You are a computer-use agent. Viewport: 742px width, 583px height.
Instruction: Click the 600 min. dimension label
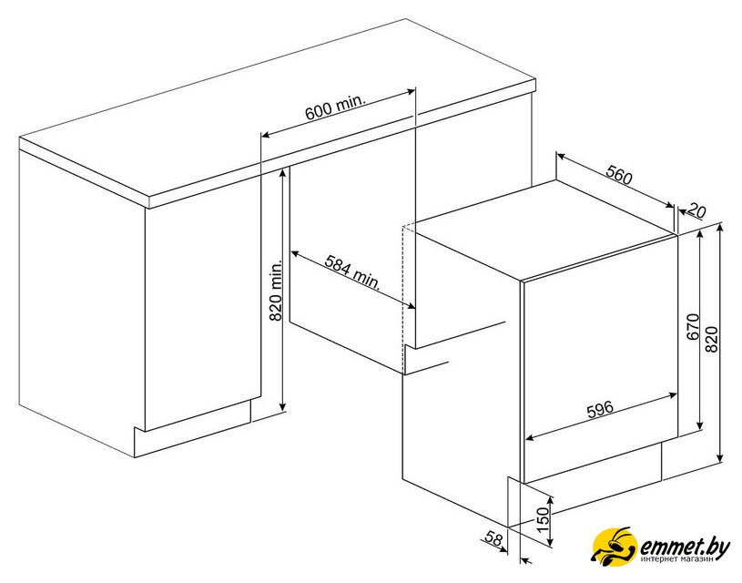tap(336, 108)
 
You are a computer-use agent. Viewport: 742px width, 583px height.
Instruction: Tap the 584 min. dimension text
tap(353, 271)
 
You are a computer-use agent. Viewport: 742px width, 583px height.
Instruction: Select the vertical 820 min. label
tap(276, 290)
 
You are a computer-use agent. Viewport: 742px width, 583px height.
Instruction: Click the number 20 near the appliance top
tap(696, 210)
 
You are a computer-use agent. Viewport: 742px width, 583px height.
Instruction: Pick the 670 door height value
tap(693, 327)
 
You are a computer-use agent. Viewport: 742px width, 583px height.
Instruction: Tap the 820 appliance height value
tap(712, 339)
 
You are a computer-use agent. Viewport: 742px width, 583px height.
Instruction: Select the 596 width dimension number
tap(600, 409)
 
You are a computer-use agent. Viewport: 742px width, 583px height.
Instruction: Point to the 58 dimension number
tap(493, 538)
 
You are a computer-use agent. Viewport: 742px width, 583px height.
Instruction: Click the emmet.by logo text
tap(685, 547)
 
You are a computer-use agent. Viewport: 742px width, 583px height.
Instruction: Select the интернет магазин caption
tap(677, 559)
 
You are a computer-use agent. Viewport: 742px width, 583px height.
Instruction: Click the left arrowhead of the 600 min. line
tap(266, 136)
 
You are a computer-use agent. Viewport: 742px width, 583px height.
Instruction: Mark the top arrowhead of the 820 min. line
tap(282, 171)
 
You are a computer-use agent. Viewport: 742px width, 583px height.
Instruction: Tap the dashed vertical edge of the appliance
tap(402, 299)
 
